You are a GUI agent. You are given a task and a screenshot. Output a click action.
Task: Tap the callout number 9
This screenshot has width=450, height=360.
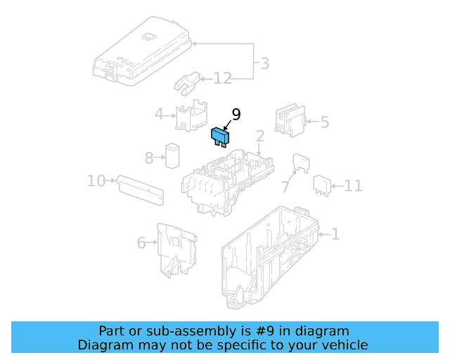click(236, 114)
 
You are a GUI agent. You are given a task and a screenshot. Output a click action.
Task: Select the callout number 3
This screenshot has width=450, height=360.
click(264, 64)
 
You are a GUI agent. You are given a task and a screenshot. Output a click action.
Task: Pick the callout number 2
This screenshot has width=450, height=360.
click(259, 136)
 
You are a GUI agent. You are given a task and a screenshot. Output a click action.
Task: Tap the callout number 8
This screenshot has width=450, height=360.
click(149, 158)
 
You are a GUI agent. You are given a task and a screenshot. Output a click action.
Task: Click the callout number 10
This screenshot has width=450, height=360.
click(96, 181)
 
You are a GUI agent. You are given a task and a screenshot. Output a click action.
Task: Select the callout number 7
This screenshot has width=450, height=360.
click(285, 187)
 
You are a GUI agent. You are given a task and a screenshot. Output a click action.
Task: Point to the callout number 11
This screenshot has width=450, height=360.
click(353, 186)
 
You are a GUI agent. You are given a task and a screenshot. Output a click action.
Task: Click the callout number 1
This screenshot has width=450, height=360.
click(335, 234)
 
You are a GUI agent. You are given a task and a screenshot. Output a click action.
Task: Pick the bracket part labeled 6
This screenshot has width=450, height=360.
click(176, 250)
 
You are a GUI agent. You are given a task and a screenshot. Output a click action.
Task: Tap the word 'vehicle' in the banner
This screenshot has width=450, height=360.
click(343, 345)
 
